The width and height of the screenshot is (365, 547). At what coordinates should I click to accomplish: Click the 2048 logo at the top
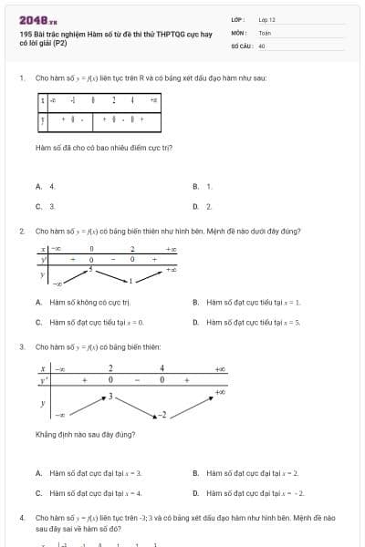[37, 18]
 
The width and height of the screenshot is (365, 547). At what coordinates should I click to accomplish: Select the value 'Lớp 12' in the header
[267, 18]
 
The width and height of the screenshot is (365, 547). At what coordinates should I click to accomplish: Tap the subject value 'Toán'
[265, 32]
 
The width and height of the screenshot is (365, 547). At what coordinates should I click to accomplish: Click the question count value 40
[262, 45]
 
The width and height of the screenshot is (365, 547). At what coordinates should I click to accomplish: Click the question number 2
[21, 231]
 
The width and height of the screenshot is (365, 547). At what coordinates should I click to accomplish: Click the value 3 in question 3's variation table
[111, 396]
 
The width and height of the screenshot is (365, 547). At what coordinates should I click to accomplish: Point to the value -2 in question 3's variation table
[163, 415]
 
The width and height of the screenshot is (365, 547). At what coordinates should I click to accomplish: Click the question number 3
[21, 346]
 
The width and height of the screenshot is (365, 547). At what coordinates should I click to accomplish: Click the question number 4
[21, 517]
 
